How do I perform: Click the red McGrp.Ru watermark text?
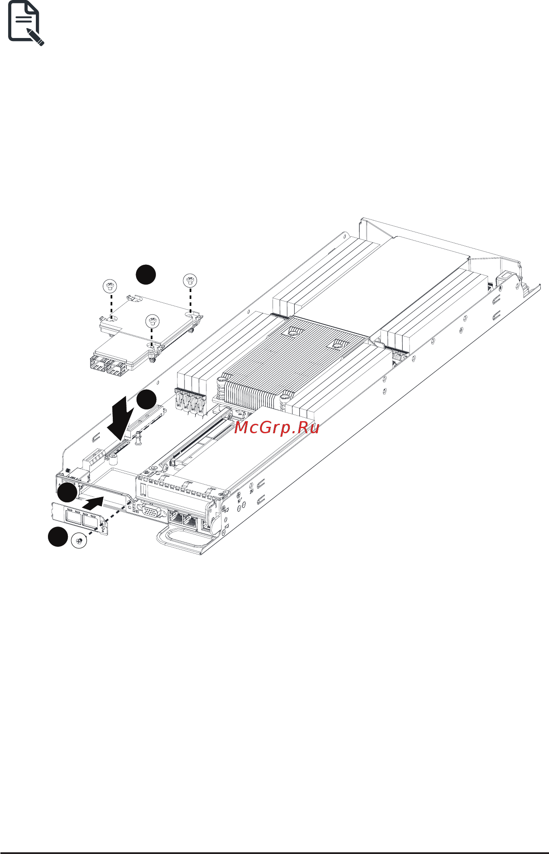pos(276,428)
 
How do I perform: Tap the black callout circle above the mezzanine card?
pos(146,274)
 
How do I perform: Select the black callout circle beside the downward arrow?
pos(146,399)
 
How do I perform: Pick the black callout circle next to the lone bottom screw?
pos(58,537)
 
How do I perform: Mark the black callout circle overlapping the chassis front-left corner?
pos(68,492)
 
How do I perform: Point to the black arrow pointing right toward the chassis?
pos(92,503)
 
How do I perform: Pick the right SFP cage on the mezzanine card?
pos(115,368)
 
